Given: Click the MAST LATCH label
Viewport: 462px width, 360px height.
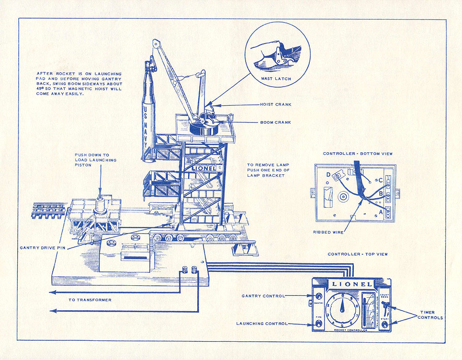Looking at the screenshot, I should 277,79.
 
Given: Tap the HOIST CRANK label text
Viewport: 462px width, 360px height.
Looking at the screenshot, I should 275,104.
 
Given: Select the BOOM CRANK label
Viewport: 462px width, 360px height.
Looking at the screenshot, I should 275,122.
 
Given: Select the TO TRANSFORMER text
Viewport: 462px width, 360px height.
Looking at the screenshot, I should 90,300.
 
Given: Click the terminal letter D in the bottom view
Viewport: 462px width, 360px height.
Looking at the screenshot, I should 328,175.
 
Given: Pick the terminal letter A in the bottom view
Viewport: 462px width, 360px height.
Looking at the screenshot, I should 381,212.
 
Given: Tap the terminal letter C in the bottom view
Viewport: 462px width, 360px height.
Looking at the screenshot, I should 380,181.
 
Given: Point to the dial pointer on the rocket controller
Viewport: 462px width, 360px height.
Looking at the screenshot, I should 342,306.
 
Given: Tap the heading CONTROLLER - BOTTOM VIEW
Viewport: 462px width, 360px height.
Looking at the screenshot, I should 358,154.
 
